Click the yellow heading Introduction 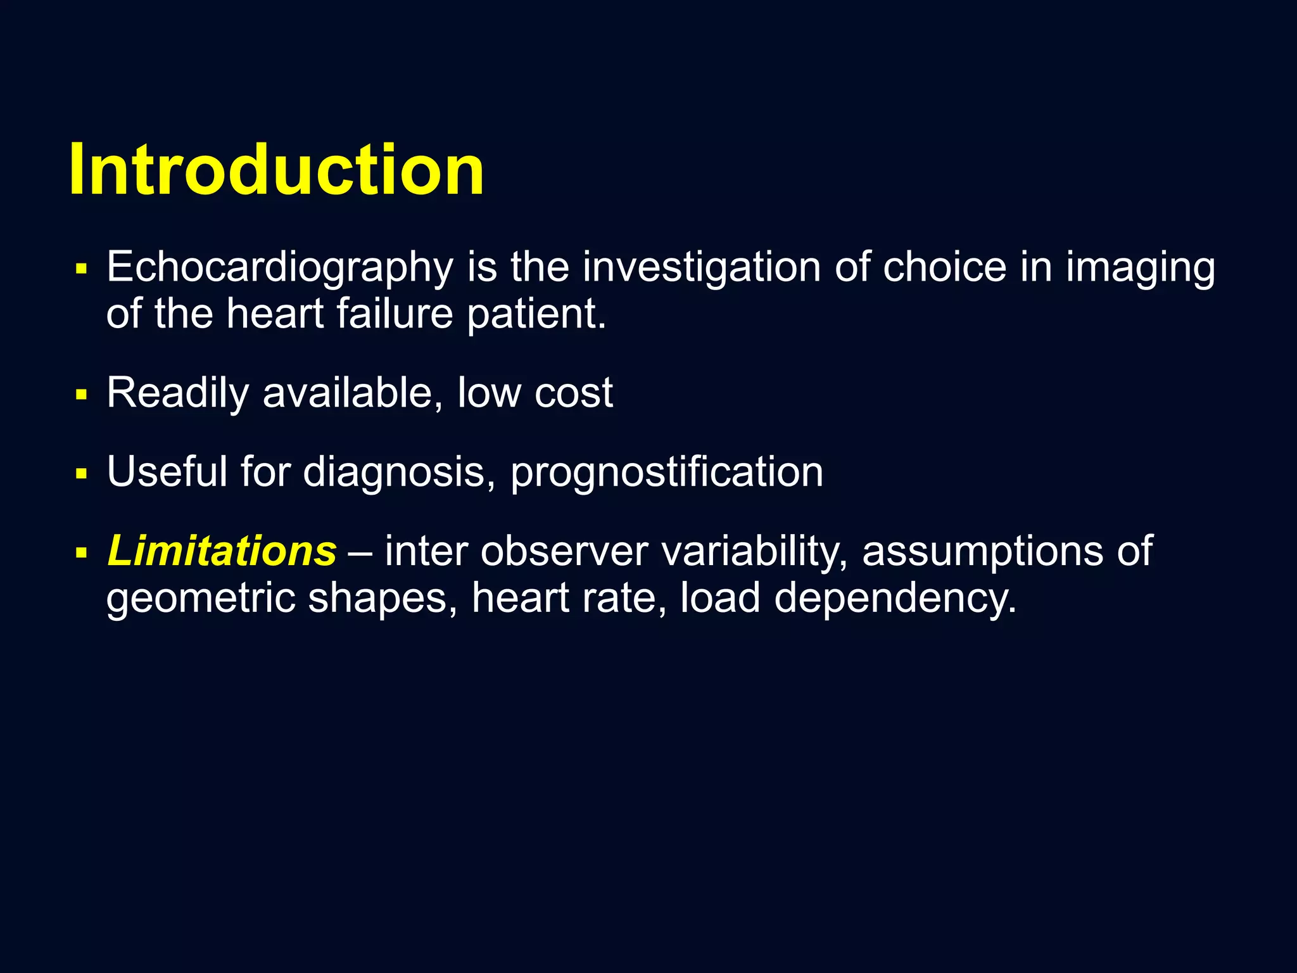277,170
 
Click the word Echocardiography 280,267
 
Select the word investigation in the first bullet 702,267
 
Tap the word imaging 1140,267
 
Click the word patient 536,315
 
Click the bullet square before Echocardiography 80,269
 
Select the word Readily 178,393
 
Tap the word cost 574,393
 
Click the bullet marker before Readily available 80,395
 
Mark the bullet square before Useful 80,474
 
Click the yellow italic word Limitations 222,550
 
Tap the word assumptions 982,551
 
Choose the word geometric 200,598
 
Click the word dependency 895,598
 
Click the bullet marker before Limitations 80,553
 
